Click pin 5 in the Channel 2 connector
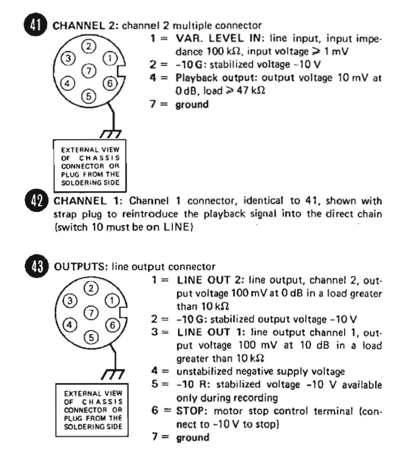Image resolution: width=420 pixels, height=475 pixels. (x=89, y=96)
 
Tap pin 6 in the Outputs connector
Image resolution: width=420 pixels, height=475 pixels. (x=112, y=325)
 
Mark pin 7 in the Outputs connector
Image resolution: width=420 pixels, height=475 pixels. (x=91, y=313)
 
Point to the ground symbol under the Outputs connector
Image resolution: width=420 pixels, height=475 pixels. (x=113, y=374)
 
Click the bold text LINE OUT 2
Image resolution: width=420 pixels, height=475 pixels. (x=209, y=280)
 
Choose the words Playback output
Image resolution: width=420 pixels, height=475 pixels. (x=204, y=78)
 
